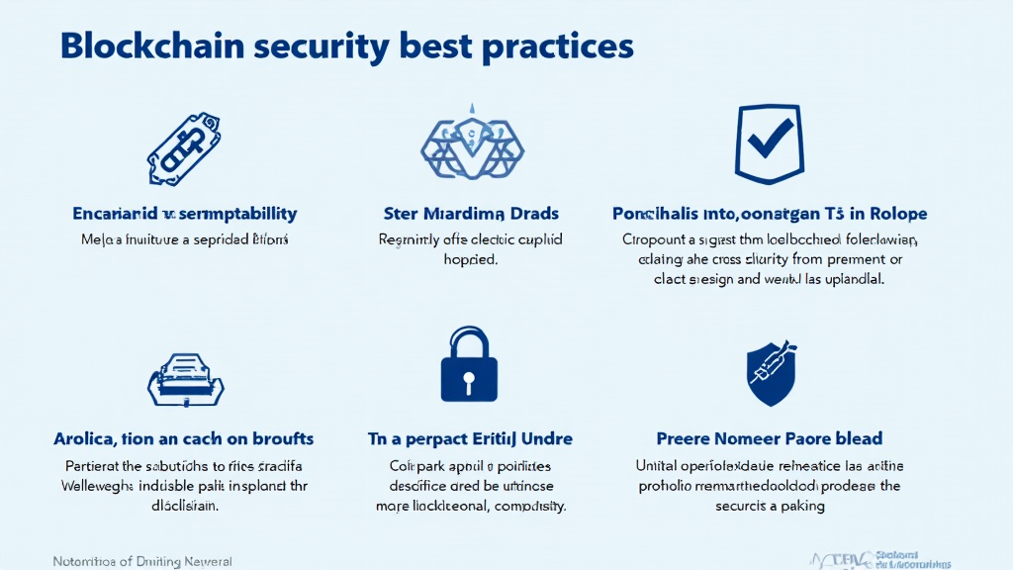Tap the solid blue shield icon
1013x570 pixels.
click(x=769, y=374)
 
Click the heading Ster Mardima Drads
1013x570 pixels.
click(x=470, y=213)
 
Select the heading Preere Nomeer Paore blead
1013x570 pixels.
click(x=769, y=437)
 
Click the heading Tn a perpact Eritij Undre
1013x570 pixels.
click(x=470, y=437)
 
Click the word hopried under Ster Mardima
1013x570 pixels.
click(x=471, y=260)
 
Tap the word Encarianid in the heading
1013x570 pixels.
click(x=114, y=213)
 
